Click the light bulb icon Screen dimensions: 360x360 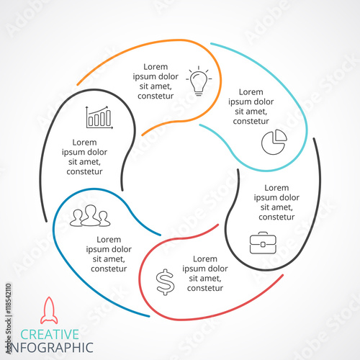[199, 81]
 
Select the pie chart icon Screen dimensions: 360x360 [274, 142]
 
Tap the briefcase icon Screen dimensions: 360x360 [263, 243]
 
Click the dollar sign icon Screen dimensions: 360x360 [165, 282]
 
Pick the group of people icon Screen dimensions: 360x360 [90, 215]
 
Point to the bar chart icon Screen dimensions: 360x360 [99, 117]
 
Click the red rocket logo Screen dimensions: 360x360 [49, 310]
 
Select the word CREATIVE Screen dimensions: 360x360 [50, 334]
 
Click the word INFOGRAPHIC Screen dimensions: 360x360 [51, 348]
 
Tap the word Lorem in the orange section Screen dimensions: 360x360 [156, 67]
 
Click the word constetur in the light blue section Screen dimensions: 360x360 [251, 121]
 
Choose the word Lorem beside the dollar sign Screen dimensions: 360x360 [205, 259]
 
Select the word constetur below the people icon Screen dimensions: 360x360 [109, 269]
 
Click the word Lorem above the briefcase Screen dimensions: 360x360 [276, 188]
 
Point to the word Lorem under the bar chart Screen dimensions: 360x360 [84, 143]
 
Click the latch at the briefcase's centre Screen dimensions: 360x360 [263, 245]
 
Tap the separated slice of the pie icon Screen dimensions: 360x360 [281, 135]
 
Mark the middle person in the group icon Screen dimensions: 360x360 [91, 215]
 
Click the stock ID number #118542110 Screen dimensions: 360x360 [8, 299]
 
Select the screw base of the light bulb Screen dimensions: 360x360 [199, 93]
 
